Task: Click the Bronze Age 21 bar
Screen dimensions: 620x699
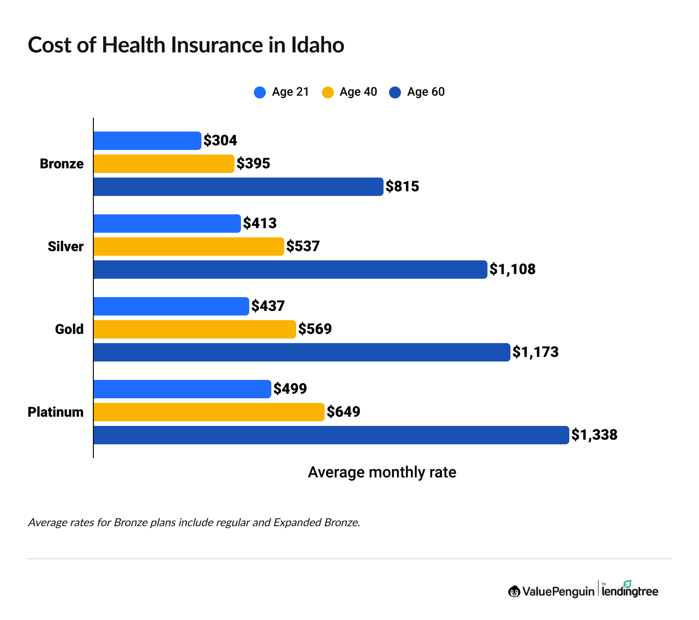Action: [x=147, y=141]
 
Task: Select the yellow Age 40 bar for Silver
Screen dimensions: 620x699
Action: [x=189, y=247]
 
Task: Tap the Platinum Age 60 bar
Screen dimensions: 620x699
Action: [x=331, y=435]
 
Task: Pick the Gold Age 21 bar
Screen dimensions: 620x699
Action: [x=171, y=306]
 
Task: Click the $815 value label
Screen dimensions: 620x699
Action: [x=402, y=187]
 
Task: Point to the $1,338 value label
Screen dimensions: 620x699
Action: [x=594, y=435]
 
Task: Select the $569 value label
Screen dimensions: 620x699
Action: [x=315, y=329]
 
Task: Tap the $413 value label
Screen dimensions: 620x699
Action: [x=260, y=224]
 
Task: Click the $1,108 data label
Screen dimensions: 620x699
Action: [x=512, y=270]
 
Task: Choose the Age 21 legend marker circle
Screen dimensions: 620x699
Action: [x=260, y=92]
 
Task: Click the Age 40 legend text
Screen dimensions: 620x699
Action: [x=358, y=92]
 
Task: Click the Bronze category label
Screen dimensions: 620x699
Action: [x=62, y=164]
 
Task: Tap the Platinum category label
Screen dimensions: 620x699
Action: [x=56, y=412]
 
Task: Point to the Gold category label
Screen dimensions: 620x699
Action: [x=69, y=329]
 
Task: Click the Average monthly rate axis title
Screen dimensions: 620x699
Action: [x=382, y=472]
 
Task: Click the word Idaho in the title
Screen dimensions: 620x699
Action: [x=317, y=45]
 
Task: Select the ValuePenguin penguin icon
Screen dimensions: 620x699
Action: [x=514, y=591]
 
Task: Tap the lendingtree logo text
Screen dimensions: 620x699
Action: [x=630, y=591]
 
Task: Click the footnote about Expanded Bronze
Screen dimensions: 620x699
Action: [x=194, y=522]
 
